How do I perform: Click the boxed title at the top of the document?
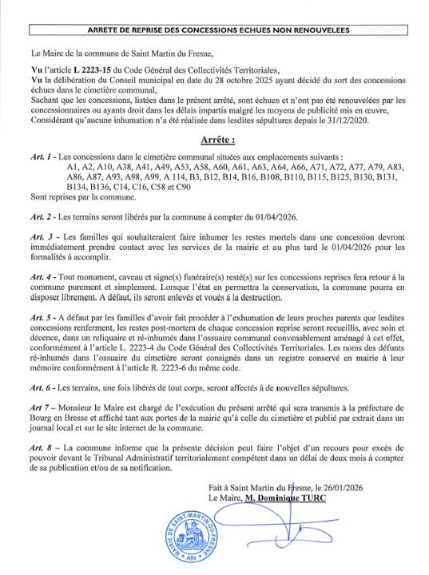(214, 30)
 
